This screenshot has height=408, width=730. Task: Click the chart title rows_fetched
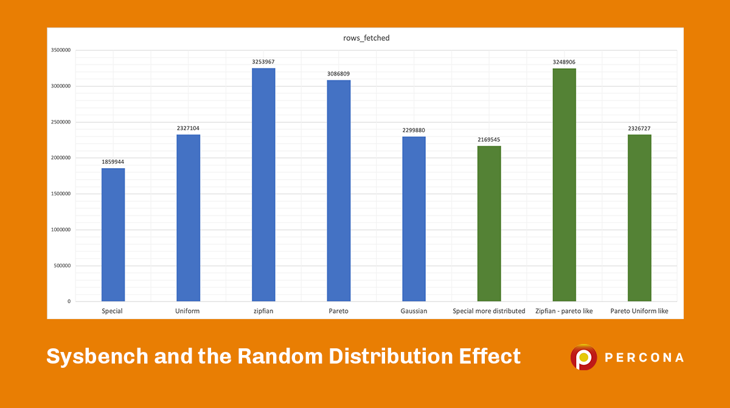(366, 38)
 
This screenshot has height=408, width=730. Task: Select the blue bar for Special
(113, 234)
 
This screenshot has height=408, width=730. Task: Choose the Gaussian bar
(414, 219)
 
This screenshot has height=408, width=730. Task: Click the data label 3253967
(263, 62)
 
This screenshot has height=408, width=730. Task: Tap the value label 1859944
(113, 162)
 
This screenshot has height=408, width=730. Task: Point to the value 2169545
(489, 140)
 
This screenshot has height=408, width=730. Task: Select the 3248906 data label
(564, 62)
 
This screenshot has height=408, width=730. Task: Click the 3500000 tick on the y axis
(61, 51)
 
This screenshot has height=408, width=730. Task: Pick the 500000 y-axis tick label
(63, 266)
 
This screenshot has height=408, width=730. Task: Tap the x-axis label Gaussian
(414, 311)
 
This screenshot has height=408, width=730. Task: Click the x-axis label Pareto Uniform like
(639, 311)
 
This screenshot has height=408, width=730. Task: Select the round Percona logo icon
(583, 357)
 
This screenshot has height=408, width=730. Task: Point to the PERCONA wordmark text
(644, 357)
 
